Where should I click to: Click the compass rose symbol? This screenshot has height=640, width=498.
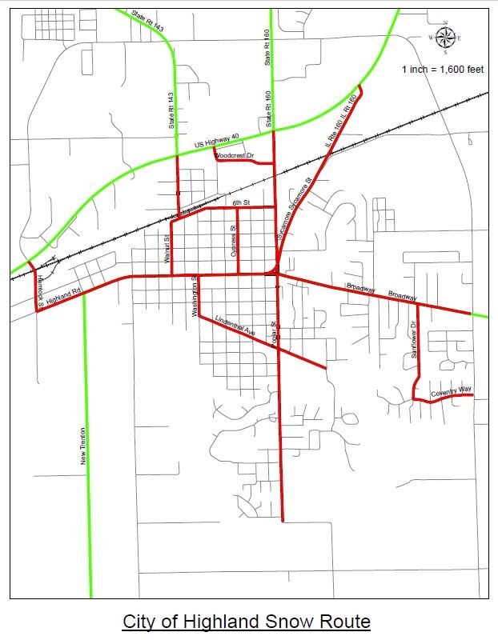pos(446,37)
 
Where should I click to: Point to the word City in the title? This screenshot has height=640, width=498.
pos(139,622)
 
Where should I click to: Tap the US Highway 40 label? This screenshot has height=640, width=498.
pos(217,144)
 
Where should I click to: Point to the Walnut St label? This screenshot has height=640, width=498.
pos(167,249)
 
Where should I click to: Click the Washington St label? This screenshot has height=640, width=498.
pos(195,297)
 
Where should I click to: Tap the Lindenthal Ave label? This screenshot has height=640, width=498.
pos(235,325)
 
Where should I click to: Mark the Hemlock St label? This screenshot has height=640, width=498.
pos(41,288)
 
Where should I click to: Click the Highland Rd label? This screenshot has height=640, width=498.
pos(64,296)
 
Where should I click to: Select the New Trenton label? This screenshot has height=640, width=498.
pos(82,446)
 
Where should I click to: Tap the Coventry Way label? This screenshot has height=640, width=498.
pos(451,392)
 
